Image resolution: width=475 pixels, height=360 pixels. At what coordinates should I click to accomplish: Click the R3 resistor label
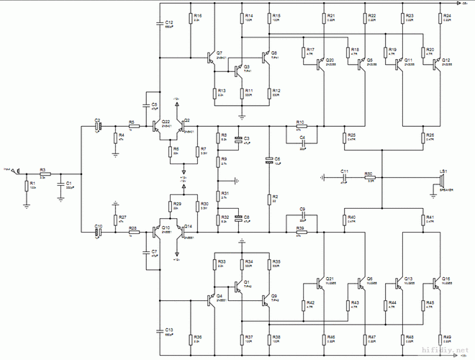coord(42,170)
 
